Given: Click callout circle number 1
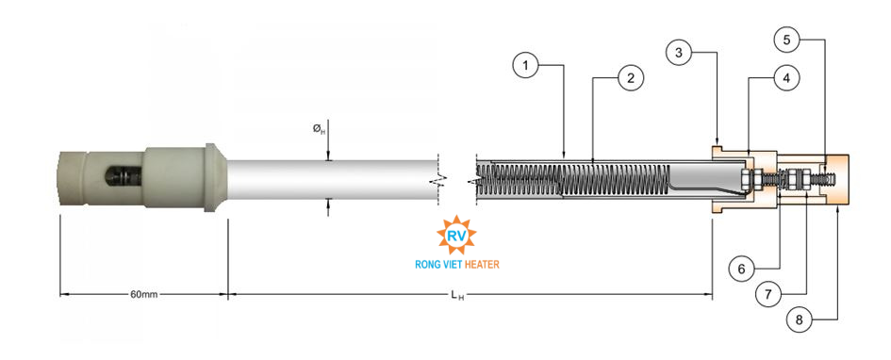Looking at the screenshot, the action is pos(525,66).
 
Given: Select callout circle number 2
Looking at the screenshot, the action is pos(630,78).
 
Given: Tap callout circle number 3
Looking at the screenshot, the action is pos(679,54).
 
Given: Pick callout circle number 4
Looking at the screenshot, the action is pos(786,78).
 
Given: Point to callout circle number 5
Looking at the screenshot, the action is pos(786,40).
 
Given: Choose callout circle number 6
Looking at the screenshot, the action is pos(741,269).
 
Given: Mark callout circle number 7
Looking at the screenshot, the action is pos(767,294).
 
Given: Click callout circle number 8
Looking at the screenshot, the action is pos(800,319).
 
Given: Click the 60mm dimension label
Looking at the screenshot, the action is pos(143,294).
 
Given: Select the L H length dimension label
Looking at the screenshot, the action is pos(457,295).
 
